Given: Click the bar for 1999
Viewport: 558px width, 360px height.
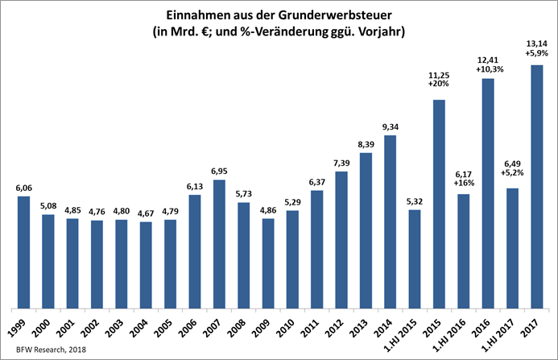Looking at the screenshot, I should pyautogui.click(x=23, y=252).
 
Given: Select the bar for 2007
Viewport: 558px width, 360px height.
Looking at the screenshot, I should pyautogui.click(x=219, y=244).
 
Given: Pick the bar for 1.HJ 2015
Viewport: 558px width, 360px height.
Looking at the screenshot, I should pyautogui.click(x=415, y=259).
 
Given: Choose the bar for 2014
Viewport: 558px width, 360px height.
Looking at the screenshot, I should pyautogui.click(x=391, y=221).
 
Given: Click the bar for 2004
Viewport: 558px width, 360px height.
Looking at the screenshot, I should pyautogui.click(x=146, y=265).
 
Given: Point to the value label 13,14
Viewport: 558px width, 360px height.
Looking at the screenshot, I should pyautogui.click(x=536, y=45).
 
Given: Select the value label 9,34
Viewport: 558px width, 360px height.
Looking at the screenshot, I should pyautogui.click(x=391, y=126).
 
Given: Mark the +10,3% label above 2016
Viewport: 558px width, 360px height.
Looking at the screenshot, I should pyautogui.click(x=488, y=70).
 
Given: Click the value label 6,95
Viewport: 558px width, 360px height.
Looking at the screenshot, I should pyautogui.click(x=219, y=171).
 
